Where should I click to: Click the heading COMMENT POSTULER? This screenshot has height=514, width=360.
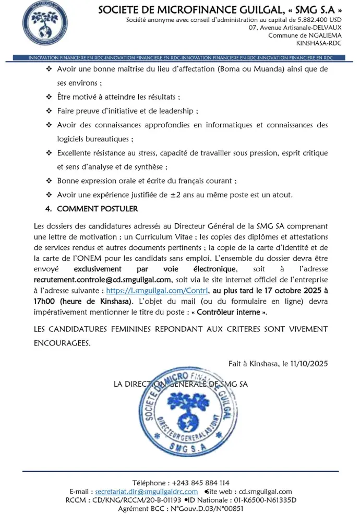tap(97, 209)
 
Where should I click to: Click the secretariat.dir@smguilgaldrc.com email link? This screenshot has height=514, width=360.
tap(147, 492)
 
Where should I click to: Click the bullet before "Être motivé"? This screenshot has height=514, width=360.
tap(49, 97)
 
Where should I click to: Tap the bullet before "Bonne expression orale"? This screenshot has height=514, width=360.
tap(49, 181)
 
